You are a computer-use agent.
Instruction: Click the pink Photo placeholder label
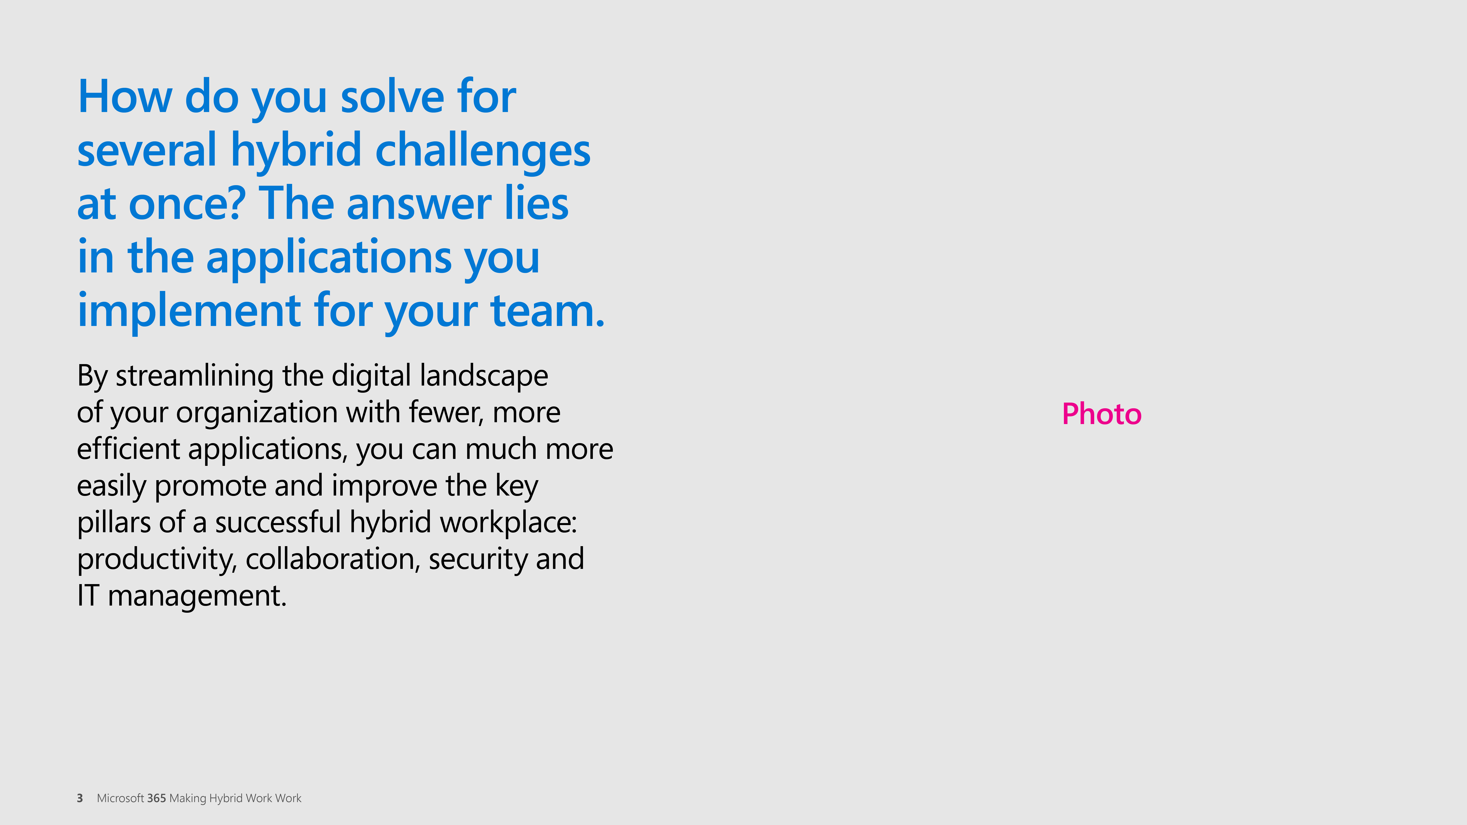pos(1101,414)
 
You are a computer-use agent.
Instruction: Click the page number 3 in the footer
pos(80,798)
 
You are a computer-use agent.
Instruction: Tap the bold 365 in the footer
pos(156,798)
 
